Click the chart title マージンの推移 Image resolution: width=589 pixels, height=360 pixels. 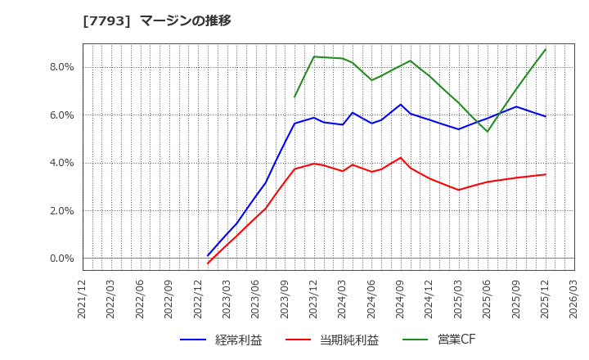(186, 20)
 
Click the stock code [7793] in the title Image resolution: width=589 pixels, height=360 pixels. (107, 20)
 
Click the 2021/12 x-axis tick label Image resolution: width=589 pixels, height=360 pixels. (83, 299)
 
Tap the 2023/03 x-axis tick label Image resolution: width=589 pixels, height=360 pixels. (227, 299)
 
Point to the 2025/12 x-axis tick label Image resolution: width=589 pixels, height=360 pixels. (546, 299)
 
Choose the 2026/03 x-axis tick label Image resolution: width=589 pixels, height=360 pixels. (574, 299)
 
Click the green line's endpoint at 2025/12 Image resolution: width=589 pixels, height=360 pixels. (546, 49)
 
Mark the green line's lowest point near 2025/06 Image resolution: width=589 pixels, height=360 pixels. (488, 132)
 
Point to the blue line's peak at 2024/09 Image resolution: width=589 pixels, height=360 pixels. (401, 105)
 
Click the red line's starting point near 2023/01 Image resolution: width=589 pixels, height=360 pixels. (208, 263)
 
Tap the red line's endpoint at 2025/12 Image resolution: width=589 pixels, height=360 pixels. (546, 174)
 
